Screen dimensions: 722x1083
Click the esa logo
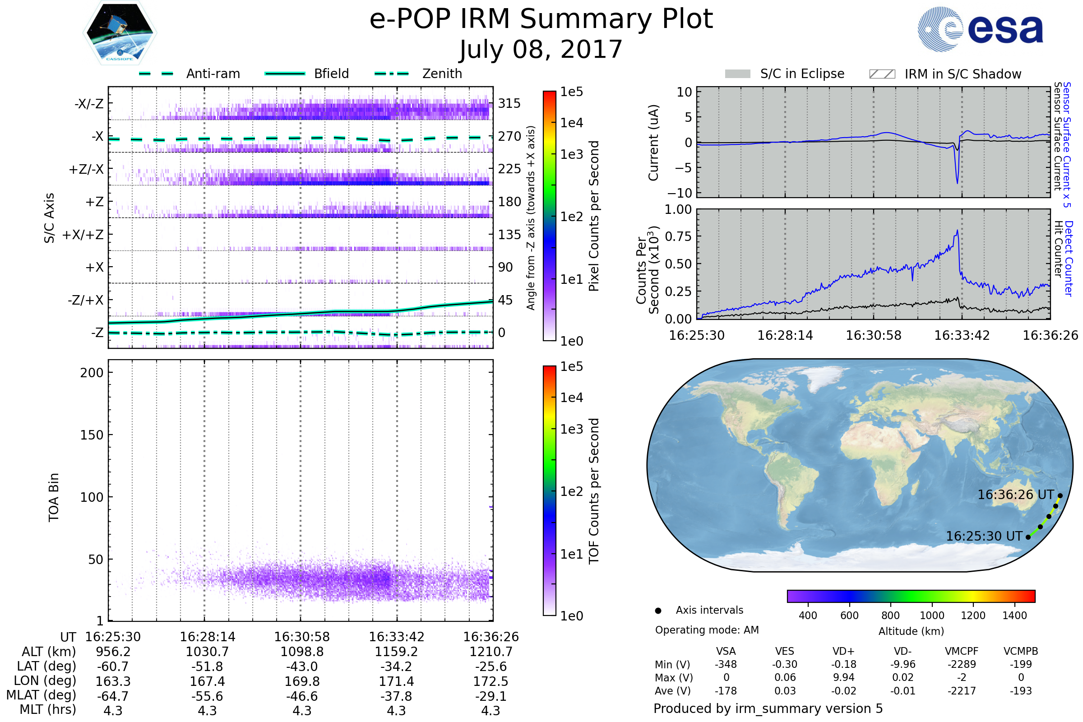pyautogui.click(x=981, y=29)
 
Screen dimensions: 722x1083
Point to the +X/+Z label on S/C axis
pyautogui.click(x=83, y=235)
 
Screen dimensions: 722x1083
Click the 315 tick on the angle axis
pyautogui.click(x=509, y=103)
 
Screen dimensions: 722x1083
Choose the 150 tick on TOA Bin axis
pyautogui.click(x=92, y=435)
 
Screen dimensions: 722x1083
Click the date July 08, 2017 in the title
pyautogui.click(x=541, y=50)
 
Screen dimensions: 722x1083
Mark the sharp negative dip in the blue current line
pyautogui.click(x=957, y=182)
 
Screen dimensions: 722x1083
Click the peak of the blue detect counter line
pyautogui.click(x=957, y=231)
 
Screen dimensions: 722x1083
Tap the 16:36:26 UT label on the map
pyautogui.click(x=1016, y=495)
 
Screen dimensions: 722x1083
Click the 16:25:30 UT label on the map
pyautogui.click(x=984, y=537)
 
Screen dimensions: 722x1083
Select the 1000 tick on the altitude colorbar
pyautogui.click(x=932, y=616)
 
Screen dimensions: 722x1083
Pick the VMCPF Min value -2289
pyautogui.click(x=962, y=664)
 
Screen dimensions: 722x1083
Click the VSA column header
pyautogui.click(x=726, y=651)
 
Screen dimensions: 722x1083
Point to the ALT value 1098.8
pyautogui.click(x=302, y=652)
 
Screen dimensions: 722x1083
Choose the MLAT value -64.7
pyautogui.click(x=113, y=696)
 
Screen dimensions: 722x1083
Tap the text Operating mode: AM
pyautogui.click(x=707, y=630)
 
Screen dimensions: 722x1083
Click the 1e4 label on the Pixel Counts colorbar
pyautogui.click(x=571, y=123)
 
